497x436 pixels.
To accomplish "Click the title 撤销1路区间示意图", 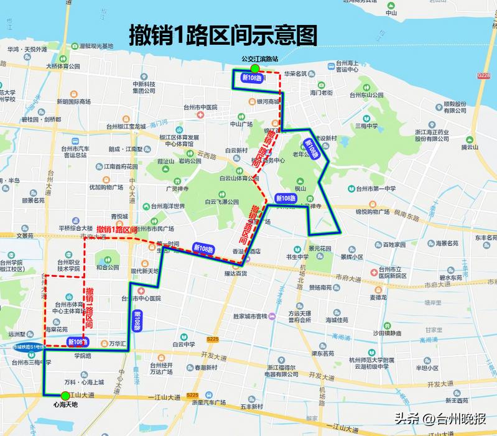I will click(x=223, y=35).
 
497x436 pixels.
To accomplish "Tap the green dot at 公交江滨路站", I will click(x=254, y=68).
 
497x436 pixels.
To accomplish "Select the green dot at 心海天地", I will click(x=65, y=395).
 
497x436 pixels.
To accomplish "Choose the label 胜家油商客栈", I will click(x=249, y=316).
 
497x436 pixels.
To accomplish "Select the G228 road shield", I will click(x=484, y=75).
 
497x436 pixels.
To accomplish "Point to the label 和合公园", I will click(x=107, y=267).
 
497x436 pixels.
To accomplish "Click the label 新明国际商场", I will click(x=73, y=101).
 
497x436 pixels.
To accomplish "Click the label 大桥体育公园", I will click(x=63, y=66).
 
